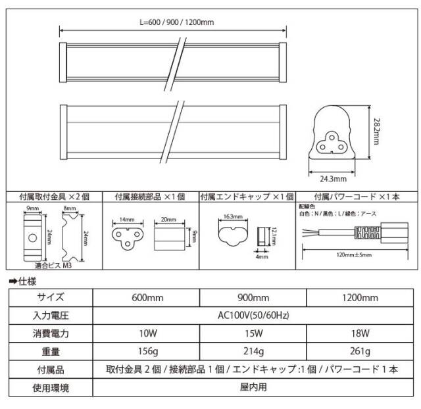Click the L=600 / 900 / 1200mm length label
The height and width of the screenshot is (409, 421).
pyautogui.click(x=177, y=22)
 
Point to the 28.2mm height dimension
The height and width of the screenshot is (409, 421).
pyautogui.click(x=377, y=132)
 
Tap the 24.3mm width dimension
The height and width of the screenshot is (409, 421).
pyautogui.click(x=334, y=179)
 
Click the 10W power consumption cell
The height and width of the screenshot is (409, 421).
pyautogui.click(x=148, y=333)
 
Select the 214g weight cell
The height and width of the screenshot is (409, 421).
pyautogui.click(x=253, y=351)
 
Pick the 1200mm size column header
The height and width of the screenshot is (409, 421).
pyautogui.click(x=360, y=298)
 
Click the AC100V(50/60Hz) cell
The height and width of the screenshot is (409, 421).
pyautogui.click(x=253, y=316)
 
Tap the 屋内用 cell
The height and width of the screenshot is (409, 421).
pyautogui.click(x=253, y=387)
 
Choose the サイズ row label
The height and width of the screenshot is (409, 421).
pyautogui.click(x=51, y=297)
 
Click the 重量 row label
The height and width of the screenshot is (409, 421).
pyautogui.click(x=51, y=352)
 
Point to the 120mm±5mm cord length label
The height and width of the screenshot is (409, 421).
pyautogui.click(x=354, y=254)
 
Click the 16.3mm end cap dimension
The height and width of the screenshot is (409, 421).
pyautogui.click(x=233, y=216)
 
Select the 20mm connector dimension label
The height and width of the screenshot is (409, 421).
pyautogui.click(x=168, y=219)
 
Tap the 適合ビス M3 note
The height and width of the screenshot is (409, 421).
pyautogui.click(x=53, y=266)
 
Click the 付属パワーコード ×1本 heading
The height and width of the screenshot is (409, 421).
pyautogui.click(x=357, y=197)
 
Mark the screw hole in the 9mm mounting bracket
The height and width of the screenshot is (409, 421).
pyautogui.click(x=32, y=238)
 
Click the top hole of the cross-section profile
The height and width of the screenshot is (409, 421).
pyautogui.click(x=332, y=137)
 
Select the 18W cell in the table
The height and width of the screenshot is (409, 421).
pyautogui.click(x=360, y=333)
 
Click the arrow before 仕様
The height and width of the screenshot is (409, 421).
pyautogui.click(x=13, y=281)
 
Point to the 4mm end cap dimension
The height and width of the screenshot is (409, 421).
pyautogui.click(x=262, y=256)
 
